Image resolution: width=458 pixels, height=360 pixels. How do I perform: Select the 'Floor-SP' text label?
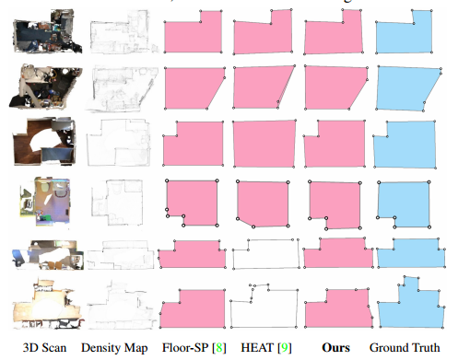point(184,348)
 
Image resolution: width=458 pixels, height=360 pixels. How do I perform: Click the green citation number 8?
point(219,348)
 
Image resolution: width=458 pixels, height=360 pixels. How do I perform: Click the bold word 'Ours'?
point(337,348)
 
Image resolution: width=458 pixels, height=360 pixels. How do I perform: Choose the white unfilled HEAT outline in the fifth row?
point(267,254)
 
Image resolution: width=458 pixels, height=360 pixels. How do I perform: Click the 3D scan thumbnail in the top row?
point(38,32)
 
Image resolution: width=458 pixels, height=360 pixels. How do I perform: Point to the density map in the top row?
point(114,33)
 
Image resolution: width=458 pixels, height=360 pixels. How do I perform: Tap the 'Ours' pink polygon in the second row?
point(334,88)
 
